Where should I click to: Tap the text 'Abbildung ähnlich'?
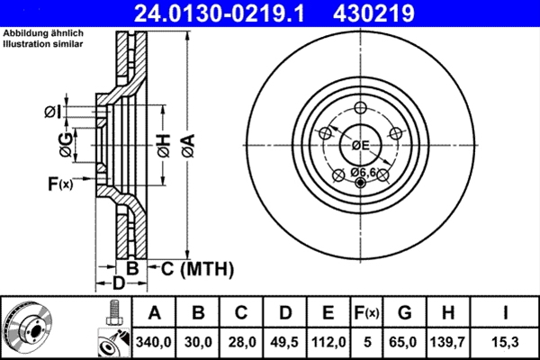(x=43, y=32)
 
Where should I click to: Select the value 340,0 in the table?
(x=154, y=340)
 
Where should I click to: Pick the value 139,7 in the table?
(x=448, y=340)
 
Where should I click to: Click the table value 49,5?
(x=285, y=340)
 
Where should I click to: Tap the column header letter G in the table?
(x=405, y=313)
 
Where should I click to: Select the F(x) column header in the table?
(x=366, y=313)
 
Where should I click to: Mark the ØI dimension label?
(x=51, y=112)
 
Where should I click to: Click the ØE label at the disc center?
(x=362, y=145)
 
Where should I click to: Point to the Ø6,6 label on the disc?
(x=363, y=171)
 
